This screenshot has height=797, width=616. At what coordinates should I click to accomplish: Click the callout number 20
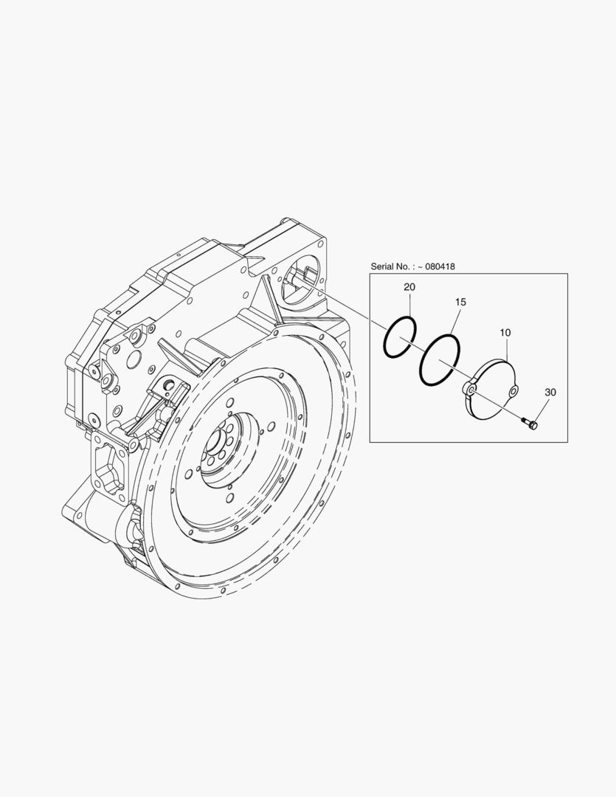(x=409, y=286)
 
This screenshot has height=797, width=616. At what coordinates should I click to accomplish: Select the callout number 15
(x=460, y=303)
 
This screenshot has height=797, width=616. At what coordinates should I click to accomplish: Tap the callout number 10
(x=505, y=334)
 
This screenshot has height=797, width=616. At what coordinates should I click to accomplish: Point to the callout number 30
(x=550, y=393)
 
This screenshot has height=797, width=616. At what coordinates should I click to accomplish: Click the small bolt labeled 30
(x=530, y=423)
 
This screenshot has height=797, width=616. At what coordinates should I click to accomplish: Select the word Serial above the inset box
(x=387, y=266)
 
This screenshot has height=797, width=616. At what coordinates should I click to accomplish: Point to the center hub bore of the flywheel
(x=221, y=446)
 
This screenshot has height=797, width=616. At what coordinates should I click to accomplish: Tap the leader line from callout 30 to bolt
(x=541, y=410)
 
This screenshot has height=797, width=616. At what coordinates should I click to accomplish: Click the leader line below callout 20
(x=408, y=306)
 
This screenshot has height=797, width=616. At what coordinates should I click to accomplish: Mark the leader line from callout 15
(x=455, y=322)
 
